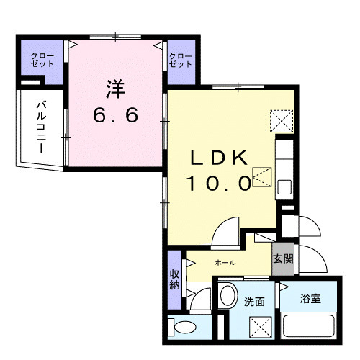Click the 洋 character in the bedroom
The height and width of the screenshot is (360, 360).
pos(116,89)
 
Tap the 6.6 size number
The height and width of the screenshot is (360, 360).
pos(116,114)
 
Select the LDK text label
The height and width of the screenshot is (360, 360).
pos(219,158)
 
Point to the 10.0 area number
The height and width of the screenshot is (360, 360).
pos(219,184)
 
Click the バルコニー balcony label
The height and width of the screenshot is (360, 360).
pos(41,127)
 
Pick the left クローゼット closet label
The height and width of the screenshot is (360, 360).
pos(42,60)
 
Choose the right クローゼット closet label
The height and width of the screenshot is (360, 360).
pos(181,60)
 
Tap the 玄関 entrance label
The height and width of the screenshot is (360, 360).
pos(283,259)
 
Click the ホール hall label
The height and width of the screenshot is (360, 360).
pos(225,263)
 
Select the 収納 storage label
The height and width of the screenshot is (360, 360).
pos(174,280)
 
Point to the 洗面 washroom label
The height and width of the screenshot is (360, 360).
pos(254,302)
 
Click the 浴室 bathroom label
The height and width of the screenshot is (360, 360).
pos(310,299)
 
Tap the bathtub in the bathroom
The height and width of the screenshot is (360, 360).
pos(309,326)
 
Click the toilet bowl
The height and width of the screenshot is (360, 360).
pos(185,327)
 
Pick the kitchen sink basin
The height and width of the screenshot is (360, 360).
pos(284,187)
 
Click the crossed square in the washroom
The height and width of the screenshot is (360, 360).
pos(261,327)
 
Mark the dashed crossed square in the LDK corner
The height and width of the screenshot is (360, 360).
pos(282,121)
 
